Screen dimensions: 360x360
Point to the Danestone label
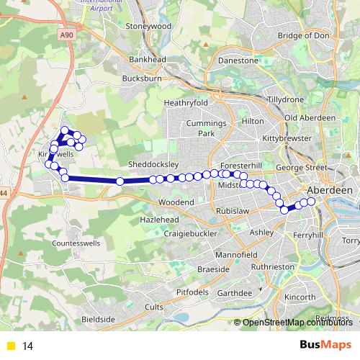click(x=238, y=61)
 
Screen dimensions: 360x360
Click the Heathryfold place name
click(x=186, y=103)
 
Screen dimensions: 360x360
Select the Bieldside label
click(x=98, y=318)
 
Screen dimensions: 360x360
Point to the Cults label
click(x=154, y=307)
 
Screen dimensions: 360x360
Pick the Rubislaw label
click(x=231, y=211)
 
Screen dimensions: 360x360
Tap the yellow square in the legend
click(x=10, y=346)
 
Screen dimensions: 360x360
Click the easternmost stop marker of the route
click(x=312, y=201)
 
